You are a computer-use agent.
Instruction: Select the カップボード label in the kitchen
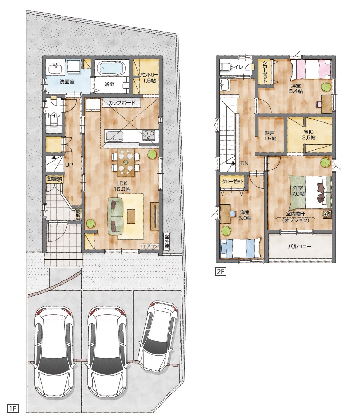122,103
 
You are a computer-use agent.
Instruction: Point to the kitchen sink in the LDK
114,136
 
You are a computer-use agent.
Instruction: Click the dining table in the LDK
126,162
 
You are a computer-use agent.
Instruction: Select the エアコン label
150,247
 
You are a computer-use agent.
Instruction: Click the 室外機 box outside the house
166,241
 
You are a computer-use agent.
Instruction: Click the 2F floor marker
220,272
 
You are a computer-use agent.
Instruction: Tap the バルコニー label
300,246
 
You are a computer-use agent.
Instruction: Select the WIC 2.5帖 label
308,135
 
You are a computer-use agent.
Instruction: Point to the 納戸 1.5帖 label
270,136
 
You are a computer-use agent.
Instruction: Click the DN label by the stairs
244,163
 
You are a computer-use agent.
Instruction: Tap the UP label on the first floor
69,165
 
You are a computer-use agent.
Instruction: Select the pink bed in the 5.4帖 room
311,69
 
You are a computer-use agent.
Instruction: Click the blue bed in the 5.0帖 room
240,248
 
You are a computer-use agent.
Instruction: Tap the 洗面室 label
67,82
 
